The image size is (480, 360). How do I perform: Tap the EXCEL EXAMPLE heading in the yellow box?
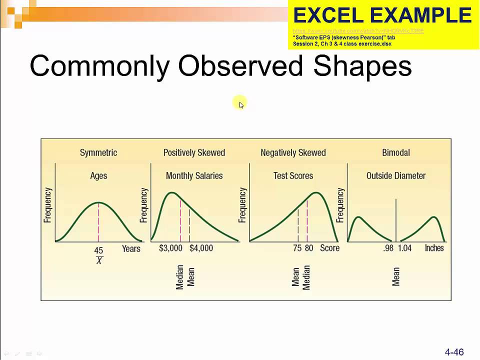382,16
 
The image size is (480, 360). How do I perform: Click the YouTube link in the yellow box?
358,31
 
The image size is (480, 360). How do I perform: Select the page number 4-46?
454,352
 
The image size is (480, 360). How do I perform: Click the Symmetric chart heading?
98,152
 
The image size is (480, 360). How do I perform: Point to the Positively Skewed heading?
194,152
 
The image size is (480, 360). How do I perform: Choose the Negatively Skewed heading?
293,152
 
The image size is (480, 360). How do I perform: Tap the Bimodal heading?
396,152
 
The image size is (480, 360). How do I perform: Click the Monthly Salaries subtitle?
194,175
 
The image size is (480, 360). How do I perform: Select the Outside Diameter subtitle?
396,175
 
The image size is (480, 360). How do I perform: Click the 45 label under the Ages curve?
98,250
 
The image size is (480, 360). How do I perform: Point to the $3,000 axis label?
170,248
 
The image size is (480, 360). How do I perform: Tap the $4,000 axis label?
201,248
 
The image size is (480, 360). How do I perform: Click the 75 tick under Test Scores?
297,248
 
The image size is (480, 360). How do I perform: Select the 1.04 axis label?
404,248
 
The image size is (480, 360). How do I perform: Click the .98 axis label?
388,248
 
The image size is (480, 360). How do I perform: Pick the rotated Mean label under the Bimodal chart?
396,276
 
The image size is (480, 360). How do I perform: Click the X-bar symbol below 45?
99,260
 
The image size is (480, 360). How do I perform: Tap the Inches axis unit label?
434,248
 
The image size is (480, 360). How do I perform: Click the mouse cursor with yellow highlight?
240,103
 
